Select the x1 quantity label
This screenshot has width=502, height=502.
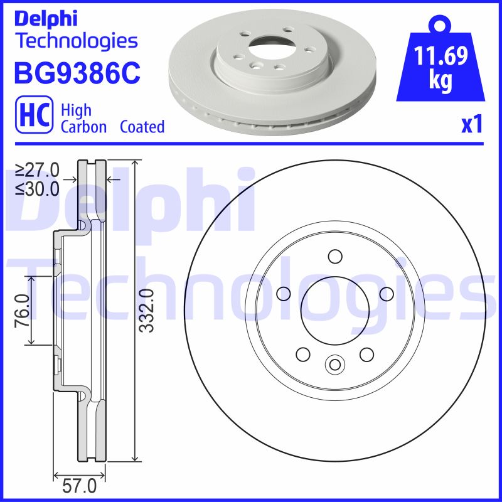coord(471,125)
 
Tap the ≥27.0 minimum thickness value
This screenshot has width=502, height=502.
coord(37,169)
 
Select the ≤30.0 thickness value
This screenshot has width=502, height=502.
coord(37,187)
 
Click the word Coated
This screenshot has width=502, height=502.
coord(142,127)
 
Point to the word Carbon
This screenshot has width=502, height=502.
coord(83,127)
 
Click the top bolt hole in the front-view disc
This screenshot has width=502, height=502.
coord(334,256)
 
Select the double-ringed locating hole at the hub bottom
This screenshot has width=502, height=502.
coord(334,364)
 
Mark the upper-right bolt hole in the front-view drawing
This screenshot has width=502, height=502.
coord(386,293)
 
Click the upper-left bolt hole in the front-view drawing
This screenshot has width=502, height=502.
coord(283,293)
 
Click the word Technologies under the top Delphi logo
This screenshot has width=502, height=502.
coord(75,41)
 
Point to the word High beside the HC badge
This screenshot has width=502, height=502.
coord(76,110)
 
